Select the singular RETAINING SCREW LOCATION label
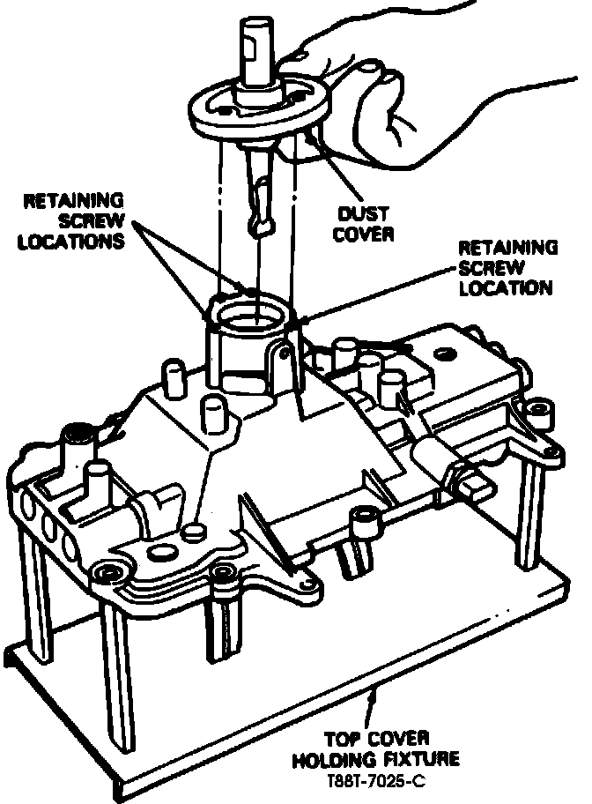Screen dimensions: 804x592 pyautogui.click(x=507, y=267)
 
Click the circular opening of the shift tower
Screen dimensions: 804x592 pyautogui.click(x=251, y=315)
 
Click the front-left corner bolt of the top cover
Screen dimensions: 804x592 pyautogui.click(x=110, y=574)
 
